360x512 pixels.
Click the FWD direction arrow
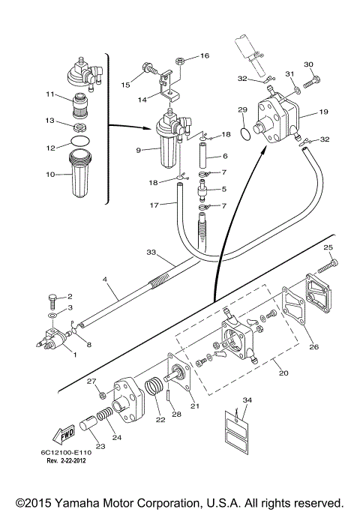pyautogui.click(x=64, y=435)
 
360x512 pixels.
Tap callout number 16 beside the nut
pyautogui.click(x=205, y=55)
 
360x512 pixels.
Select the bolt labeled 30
pyautogui.click(x=312, y=81)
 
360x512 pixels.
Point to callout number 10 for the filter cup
pyautogui.click(x=50, y=175)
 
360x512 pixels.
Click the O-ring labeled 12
pyautogui.click(x=80, y=142)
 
